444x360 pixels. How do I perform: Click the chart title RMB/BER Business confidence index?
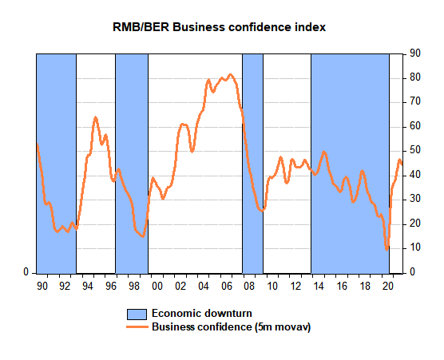220,27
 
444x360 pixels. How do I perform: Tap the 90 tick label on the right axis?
415,53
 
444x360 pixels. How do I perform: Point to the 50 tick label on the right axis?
415,150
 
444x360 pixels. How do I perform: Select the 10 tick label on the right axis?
415,247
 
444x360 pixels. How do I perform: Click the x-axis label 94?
88,286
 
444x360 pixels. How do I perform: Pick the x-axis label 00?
157,286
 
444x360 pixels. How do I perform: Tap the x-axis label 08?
249,286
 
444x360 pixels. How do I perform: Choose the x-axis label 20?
388,286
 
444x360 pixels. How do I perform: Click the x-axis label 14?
319,286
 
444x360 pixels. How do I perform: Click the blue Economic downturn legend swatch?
137,315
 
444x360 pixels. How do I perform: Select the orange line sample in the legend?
137,327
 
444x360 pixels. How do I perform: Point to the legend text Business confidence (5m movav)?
232,327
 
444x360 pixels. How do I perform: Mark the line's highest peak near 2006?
231,75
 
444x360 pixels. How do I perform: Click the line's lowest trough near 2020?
387,250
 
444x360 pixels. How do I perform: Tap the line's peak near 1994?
95,117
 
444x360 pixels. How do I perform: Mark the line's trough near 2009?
261,211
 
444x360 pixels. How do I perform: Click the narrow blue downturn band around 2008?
252,164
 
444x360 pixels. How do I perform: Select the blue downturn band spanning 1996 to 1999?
132,164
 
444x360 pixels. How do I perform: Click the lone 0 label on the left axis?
26,272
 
